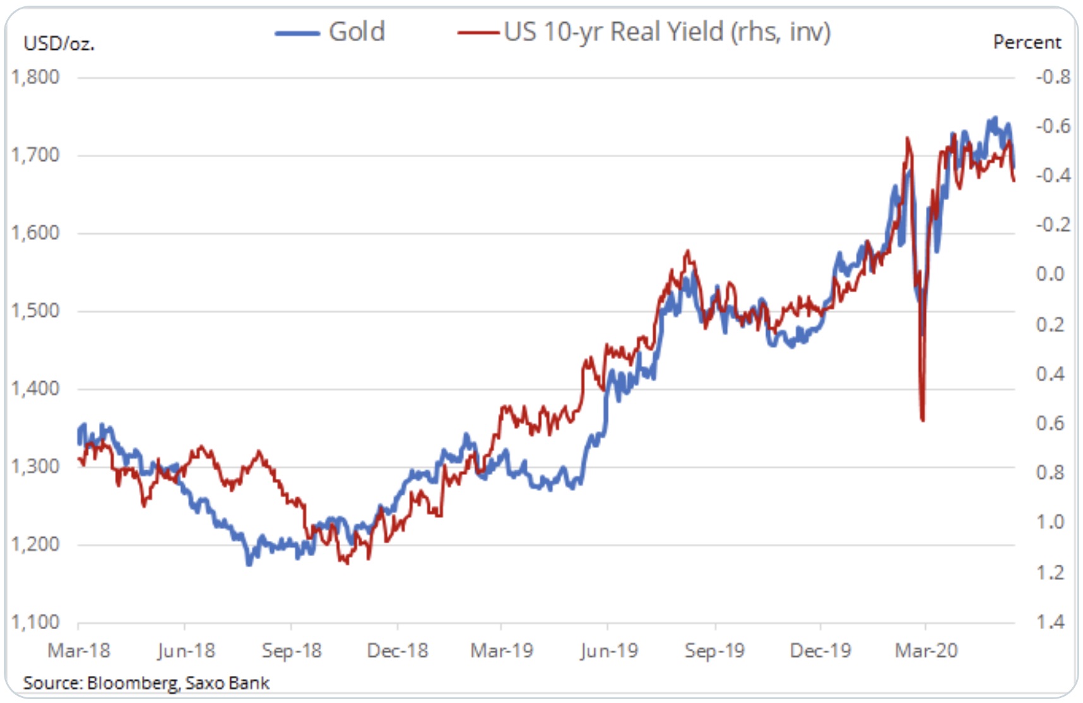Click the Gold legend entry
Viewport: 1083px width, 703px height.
[357, 32]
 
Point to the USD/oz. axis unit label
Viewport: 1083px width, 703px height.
[59, 44]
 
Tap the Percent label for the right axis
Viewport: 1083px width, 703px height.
[1027, 42]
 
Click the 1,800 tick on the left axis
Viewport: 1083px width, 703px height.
[35, 77]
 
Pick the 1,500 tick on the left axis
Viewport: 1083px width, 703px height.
[35, 310]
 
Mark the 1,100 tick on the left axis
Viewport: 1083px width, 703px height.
[35, 622]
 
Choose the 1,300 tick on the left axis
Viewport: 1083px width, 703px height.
[35, 466]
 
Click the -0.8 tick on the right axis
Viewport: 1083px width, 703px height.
[1053, 77]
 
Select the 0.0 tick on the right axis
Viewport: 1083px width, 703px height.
[1050, 274]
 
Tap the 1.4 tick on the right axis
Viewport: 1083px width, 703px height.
[1050, 622]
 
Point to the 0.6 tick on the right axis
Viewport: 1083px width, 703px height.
[1050, 423]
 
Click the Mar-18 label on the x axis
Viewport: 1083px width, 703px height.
[79, 651]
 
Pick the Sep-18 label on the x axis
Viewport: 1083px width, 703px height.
[292, 651]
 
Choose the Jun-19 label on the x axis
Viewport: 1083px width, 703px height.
[609, 651]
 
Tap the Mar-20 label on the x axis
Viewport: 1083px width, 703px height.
[926, 651]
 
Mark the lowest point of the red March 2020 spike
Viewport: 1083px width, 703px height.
[923, 420]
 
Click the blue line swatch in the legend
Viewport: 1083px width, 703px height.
[297, 33]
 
